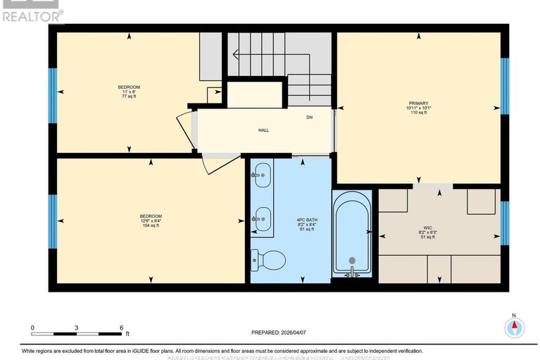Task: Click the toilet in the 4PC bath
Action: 270,260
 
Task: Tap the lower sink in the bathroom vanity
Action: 261,219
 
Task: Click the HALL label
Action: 263,130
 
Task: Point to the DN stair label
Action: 309,118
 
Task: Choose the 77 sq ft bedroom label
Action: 128,91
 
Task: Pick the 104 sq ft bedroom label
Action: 151,220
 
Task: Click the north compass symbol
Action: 515,326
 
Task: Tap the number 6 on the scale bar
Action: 121,328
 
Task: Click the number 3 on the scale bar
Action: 77,328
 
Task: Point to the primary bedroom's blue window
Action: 504,85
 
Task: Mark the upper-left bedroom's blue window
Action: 52,96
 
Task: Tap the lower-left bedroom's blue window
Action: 52,221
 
